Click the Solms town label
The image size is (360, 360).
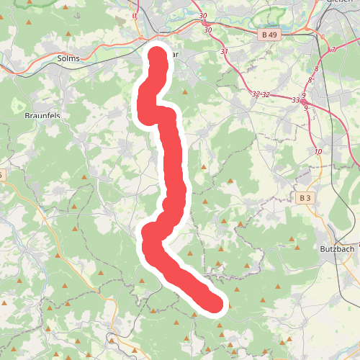68,58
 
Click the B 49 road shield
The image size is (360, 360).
269,34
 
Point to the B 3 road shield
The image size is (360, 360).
304,197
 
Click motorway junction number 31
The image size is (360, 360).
224,52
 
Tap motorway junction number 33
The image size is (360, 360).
295,100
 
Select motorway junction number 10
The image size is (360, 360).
318,152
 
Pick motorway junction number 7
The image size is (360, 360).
333,49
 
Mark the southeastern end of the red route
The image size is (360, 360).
215,305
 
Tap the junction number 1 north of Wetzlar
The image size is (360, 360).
135,15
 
